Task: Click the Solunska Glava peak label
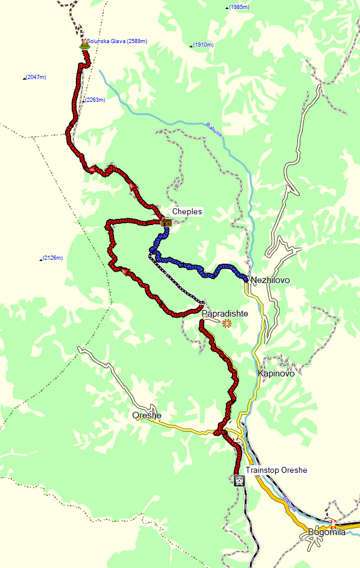(x=117, y=41)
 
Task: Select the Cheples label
(x=187, y=212)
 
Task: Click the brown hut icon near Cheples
(x=166, y=223)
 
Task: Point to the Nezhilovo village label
(x=270, y=280)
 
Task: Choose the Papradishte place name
(x=224, y=313)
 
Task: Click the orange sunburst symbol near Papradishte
(x=226, y=324)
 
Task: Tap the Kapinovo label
(x=276, y=373)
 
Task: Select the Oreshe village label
(x=147, y=415)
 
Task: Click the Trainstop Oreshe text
(x=276, y=470)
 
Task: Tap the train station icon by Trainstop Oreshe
(x=239, y=479)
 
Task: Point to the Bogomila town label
(x=327, y=532)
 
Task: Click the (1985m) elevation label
(x=239, y=7)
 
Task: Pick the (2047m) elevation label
(x=36, y=77)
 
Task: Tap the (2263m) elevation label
(x=95, y=100)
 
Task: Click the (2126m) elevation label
(x=53, y=258)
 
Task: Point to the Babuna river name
(x=214, y=128)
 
